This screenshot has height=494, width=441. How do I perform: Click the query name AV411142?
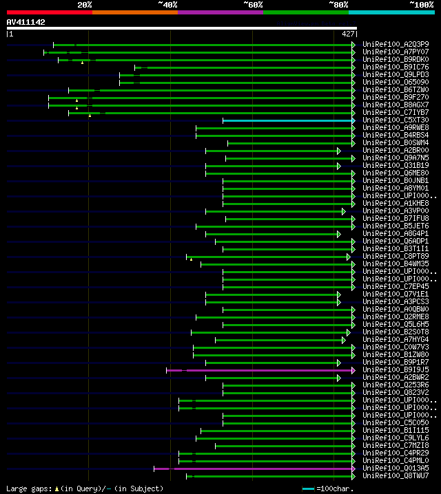coord(26,22)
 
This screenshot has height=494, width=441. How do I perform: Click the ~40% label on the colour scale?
coord(167,4)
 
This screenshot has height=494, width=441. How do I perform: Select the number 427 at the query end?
coord(348,33)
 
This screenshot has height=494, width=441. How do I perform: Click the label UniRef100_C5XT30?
coord(396,120)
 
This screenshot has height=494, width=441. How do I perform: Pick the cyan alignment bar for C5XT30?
coord(288,120)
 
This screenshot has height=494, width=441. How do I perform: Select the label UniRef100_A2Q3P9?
coord(396,44)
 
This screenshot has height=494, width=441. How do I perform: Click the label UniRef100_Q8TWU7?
coord(396,475)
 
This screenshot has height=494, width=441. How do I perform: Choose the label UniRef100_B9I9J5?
coord(396,369)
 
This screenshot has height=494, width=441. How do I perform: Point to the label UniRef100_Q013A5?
coord(396,468)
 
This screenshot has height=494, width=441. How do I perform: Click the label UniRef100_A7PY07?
coord(396,52)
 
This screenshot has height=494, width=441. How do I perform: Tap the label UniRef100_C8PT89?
coord(396,256)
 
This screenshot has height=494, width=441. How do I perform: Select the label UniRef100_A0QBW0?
coord(396,309)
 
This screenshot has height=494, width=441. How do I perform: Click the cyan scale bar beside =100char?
coord(309,488)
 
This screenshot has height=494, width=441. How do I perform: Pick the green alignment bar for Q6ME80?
coord(280,173)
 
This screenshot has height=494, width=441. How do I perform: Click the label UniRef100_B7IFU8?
coord(396,218)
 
